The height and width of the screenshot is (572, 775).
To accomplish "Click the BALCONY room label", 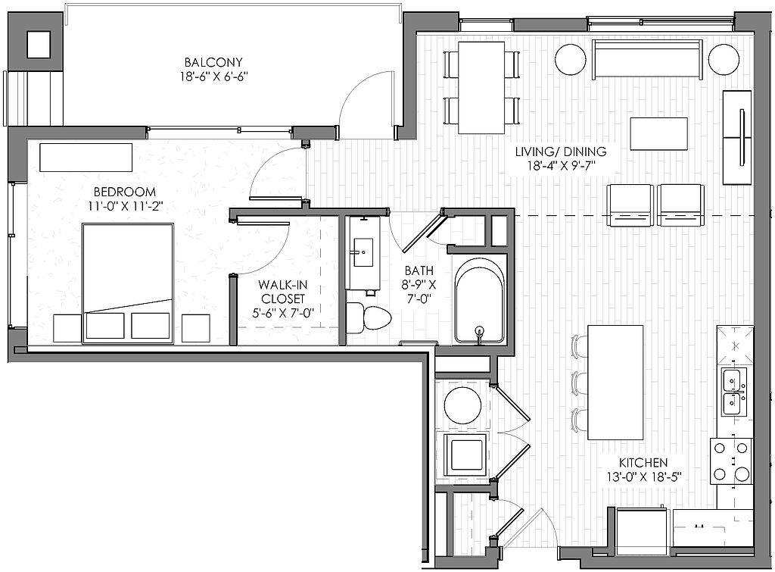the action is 213,62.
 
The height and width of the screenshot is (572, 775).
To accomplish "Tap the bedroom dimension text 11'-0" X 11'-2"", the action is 126,206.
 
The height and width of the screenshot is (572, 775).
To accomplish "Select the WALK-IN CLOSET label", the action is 283,292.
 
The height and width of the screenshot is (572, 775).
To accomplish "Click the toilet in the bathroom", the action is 369,317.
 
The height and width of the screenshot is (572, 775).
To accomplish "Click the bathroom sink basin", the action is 363,252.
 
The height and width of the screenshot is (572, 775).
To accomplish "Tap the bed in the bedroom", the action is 128,283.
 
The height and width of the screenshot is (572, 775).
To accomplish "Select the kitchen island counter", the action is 615,382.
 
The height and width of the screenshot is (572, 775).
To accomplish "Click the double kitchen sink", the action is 733,391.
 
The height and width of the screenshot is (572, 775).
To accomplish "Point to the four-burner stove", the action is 732,461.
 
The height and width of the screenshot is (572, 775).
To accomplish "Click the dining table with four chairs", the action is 481,88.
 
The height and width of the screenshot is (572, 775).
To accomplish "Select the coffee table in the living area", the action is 659,133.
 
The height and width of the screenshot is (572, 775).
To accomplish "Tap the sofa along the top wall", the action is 647,60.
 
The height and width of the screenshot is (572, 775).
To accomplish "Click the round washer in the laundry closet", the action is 462,405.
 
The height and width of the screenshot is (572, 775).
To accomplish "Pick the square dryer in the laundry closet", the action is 465,455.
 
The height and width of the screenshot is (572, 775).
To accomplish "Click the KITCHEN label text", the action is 643,463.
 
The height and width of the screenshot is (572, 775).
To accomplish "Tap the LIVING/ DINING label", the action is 561,152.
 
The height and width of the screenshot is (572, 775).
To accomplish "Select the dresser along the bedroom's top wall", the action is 86,158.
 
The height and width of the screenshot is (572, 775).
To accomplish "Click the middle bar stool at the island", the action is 579,383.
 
